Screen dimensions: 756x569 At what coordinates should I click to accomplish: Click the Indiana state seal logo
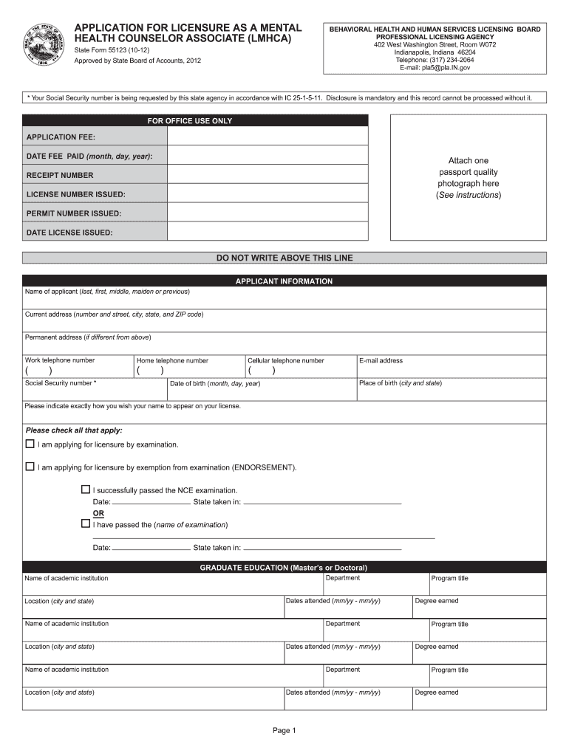45,45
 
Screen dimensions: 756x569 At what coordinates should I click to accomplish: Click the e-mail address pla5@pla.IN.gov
435,68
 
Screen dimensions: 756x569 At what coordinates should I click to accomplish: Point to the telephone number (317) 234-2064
435,61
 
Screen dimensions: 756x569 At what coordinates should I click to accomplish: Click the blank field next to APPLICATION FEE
268,137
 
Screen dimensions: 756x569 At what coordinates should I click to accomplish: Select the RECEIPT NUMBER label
60,176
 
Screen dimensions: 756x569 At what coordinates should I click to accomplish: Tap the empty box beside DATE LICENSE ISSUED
268,232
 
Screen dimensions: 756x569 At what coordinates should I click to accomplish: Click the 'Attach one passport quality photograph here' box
469,177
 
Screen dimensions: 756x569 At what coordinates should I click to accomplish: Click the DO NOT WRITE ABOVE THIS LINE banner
284,258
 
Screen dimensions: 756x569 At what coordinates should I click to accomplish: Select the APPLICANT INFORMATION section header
284,281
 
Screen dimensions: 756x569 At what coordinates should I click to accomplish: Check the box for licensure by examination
30,444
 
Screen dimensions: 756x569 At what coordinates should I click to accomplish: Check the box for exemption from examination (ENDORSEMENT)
30,467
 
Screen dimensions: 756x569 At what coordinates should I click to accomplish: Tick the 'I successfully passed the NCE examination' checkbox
85,490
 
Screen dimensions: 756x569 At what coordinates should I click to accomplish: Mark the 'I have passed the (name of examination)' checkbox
85,524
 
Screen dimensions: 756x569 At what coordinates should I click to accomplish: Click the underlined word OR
98,513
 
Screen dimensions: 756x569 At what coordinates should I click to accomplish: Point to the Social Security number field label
61,383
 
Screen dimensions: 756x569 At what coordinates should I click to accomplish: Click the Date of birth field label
215,384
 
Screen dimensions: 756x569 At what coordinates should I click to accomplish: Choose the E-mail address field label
381,361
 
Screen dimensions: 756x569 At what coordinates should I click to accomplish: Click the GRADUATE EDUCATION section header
284,568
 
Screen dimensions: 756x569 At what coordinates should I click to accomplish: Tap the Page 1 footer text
284,731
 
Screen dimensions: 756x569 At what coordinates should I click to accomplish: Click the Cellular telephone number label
286,361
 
